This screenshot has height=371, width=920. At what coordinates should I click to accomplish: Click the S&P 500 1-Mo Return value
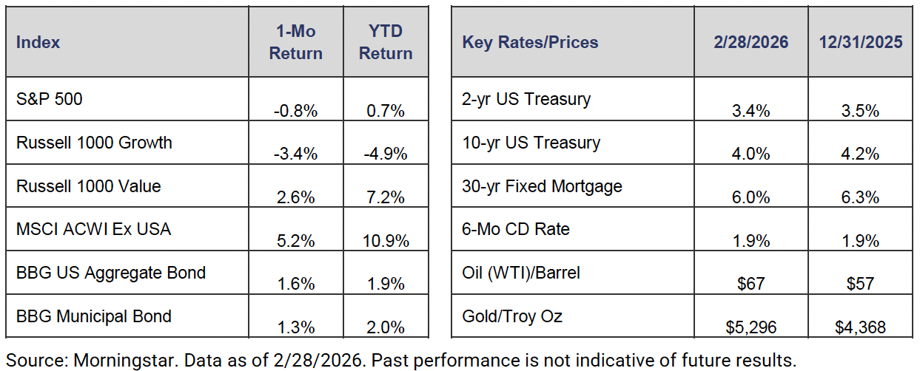[x=295, y=112]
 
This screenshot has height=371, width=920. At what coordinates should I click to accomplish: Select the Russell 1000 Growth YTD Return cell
[x=386, y=154]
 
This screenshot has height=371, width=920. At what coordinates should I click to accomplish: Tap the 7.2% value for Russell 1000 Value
[x=386, y=198]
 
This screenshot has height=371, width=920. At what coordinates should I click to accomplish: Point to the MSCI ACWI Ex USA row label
[x=93, y=229]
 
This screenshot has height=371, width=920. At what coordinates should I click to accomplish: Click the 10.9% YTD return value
[x=386, y=242]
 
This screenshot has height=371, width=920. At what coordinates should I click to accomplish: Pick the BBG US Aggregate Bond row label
[x=111, y=273]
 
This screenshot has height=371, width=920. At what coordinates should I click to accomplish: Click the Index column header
[x=38, y=42]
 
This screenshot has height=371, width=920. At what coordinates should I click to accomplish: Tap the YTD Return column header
[x=386, y=42]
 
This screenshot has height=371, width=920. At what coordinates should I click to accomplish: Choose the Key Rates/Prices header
[x=530, y=42]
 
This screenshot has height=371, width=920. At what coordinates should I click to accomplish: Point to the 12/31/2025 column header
[x=861, y=42]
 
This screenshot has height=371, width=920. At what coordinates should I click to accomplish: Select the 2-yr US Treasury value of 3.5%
[x=861, y=112]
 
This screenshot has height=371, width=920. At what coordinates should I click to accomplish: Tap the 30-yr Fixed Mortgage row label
[x=542, y=186]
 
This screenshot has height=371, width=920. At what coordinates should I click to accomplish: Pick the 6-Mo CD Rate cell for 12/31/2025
[x=861, y=242]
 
